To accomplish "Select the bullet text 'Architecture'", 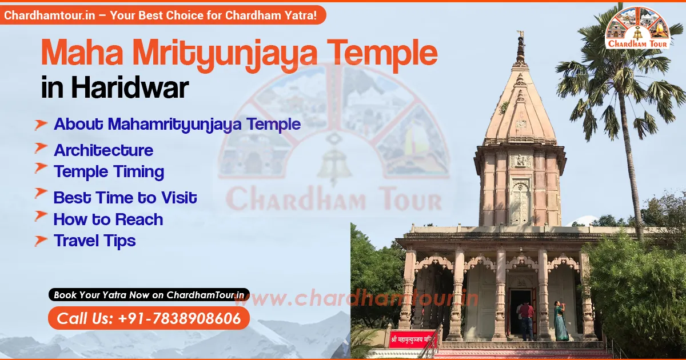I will [103, 150].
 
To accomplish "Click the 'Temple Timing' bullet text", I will [109, 171].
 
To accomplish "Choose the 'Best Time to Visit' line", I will [125, 198].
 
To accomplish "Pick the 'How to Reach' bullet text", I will [108, 219].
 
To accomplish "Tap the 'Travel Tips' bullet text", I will [94, 241].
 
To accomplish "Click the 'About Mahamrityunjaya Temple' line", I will [177, 124].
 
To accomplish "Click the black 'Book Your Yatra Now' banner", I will [149, 295].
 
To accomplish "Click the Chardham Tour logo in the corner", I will [637, 27].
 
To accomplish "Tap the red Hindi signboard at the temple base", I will [412, 338].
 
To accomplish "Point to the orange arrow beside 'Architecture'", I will [41, 149].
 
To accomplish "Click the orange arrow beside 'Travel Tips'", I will [41, 241].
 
